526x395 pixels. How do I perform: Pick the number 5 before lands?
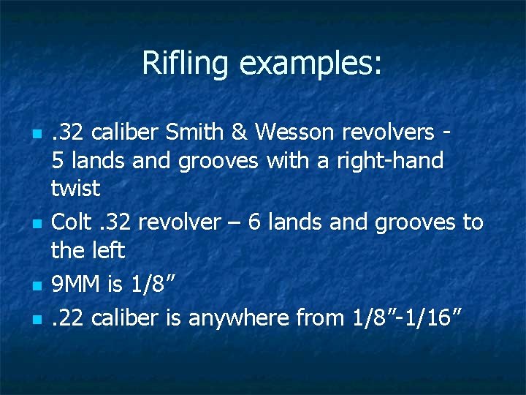pos(58,160)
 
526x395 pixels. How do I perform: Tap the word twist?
pos(75,188)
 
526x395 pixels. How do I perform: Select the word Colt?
pos(71,222)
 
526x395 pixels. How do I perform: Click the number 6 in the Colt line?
pos(255,222)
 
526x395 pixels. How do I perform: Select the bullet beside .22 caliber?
pos(34,319)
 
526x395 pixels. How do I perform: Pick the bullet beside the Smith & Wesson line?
pos(34,134)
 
